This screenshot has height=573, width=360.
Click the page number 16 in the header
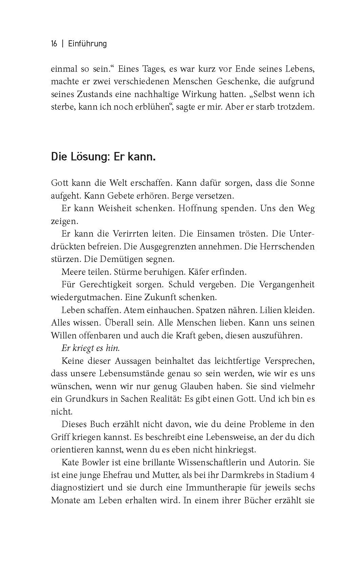pos(54,44)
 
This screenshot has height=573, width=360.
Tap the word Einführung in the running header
pos(87,44)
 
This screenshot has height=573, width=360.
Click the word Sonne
pos(303,183)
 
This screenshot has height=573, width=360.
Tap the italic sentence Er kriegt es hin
pos(91,348)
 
